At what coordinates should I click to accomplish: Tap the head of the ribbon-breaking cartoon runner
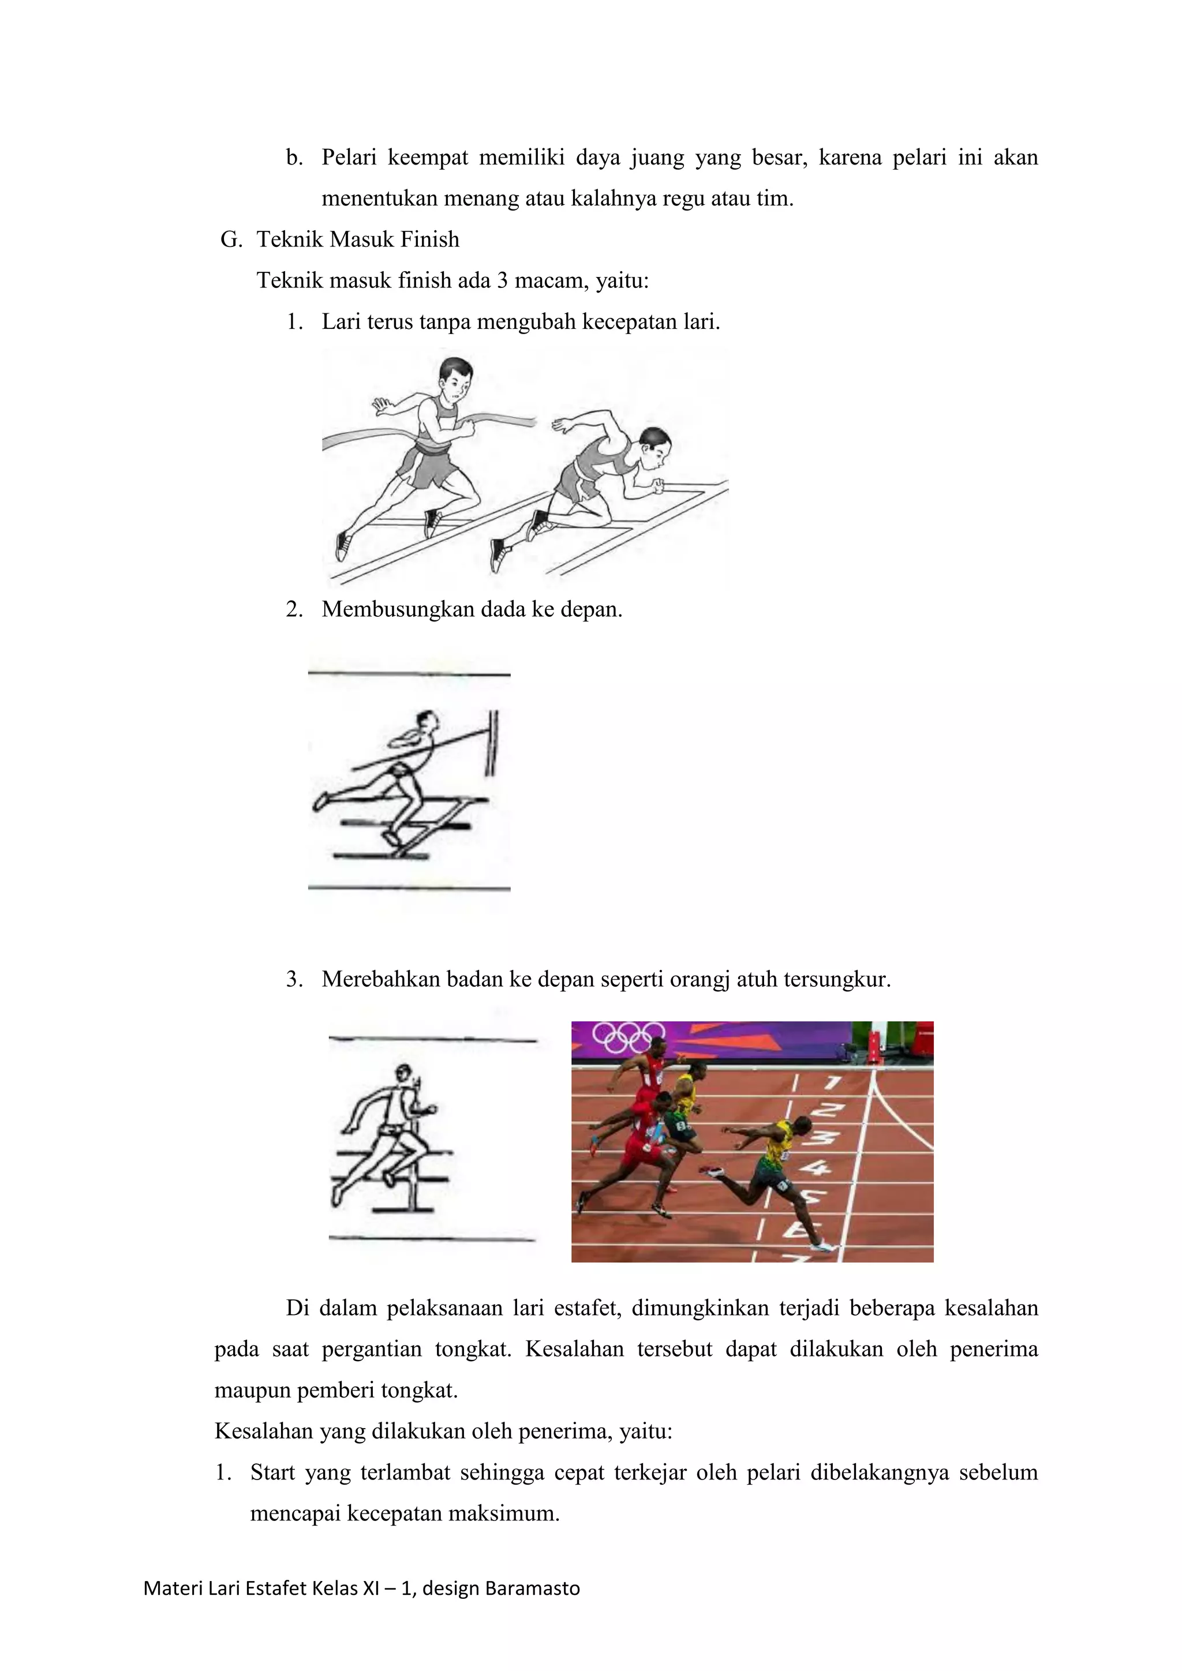click(x=455, y=378)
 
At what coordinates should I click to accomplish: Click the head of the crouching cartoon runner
click(x=654, y=445)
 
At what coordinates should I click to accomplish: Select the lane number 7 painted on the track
click(x=832, y=1083)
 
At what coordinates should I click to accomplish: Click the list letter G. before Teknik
click(x=231, y=239)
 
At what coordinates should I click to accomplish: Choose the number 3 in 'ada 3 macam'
click(x=502, y=280)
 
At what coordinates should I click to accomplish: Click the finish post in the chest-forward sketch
click(x=493, y=743)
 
